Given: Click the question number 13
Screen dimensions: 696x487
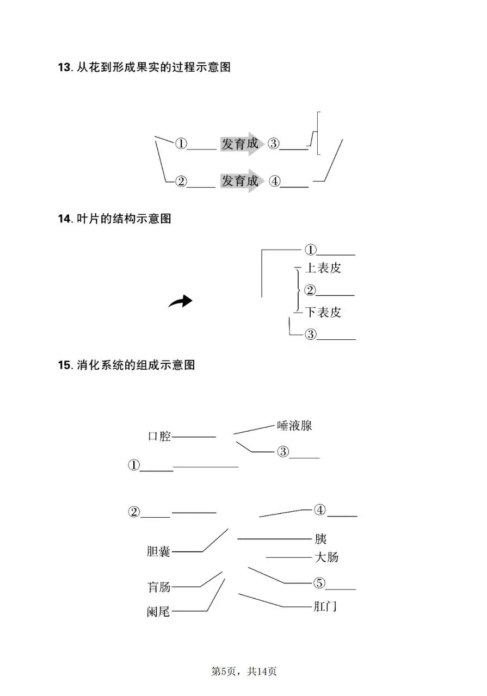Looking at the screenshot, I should point(64,68).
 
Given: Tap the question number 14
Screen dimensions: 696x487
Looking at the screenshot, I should point(64,219).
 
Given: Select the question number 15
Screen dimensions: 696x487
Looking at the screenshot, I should point(64,365).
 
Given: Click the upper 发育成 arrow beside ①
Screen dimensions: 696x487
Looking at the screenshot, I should point(242,144).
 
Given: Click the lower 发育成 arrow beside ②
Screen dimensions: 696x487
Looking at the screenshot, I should point(242,181).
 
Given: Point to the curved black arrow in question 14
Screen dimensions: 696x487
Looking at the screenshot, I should point(180,302).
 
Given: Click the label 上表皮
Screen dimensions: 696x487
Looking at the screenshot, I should point(324,268).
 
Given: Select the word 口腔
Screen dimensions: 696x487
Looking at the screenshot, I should point(159,437).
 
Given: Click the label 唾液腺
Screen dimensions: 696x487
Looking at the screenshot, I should point(294,426).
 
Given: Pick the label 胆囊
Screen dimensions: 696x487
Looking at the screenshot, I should point(158,552).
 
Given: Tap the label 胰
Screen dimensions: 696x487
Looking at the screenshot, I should point(320,539).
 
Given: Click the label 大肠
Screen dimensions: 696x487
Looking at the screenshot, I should point(326,557).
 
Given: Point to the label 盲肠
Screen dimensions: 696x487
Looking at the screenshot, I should point(159,587).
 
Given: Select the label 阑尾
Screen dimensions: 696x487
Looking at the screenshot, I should point(158,612).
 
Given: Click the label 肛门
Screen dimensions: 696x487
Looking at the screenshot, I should point(325,606).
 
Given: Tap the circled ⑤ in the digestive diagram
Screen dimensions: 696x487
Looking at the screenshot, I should point(319,583).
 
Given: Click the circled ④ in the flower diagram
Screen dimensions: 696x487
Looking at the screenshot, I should point(275,182).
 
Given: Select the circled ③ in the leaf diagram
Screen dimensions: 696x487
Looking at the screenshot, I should point(310,334).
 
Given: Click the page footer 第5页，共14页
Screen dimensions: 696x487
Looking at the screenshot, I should point(243,672).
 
